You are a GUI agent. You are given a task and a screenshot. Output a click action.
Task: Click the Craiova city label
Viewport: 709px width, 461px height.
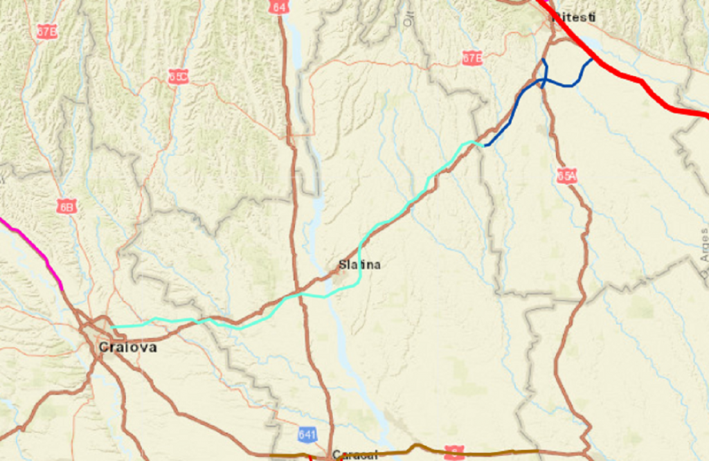point(127,347)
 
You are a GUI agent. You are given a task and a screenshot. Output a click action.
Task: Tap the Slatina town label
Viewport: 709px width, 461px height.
point(359,264)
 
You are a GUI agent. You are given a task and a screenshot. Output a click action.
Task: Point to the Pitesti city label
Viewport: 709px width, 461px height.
point(574,17)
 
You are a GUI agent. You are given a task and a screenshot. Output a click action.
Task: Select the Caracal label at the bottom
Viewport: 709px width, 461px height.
point(354,455)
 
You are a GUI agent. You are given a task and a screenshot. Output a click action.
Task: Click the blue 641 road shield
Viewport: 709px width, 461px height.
point(307,435)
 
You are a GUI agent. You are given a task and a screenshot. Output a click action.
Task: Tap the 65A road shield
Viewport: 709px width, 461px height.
point(566,176)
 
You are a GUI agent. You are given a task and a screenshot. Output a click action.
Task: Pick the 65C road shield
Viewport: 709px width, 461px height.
point(178,76)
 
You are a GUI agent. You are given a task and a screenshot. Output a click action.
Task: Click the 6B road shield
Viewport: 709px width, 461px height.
point(67,206)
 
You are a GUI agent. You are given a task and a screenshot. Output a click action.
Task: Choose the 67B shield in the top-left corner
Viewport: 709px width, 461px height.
point(47,31)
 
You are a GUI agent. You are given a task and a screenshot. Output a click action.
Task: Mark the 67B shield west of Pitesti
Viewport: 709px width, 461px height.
point(472,58)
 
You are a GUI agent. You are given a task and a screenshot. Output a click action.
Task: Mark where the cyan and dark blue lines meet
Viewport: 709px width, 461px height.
point(483,145)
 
